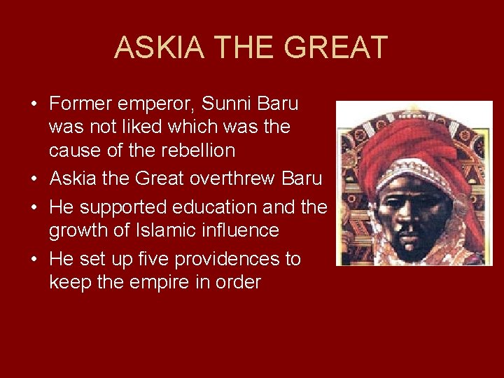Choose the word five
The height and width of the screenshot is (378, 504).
tap(152, 260)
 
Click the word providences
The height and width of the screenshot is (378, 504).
tap(228, 260)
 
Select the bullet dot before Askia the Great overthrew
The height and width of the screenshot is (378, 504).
tap(34, 179)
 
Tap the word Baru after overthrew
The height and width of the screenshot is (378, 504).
tap(302, 178)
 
